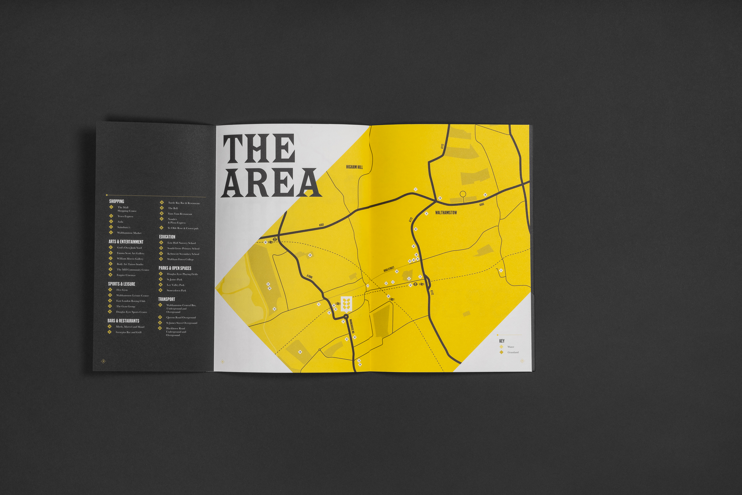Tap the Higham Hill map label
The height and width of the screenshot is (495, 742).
coord(354,167)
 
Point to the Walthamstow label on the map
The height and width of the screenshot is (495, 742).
coord(446,213)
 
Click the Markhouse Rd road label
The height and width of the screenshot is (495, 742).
coord(352,326)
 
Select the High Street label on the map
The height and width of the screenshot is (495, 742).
coord(389,269)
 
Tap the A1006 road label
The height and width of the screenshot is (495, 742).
coord(310,277)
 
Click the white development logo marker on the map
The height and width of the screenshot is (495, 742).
coord(346,304)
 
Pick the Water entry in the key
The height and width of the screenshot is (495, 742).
coord(511,347)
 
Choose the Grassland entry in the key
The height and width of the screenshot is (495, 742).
coord(513,352)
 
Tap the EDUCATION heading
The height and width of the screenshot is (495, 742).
coord(167,237)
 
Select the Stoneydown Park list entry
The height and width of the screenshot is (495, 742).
coord(176,290)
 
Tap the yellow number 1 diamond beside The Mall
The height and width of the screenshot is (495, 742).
coord(111,207)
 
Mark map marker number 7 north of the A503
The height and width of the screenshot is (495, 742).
coord(415,189)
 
